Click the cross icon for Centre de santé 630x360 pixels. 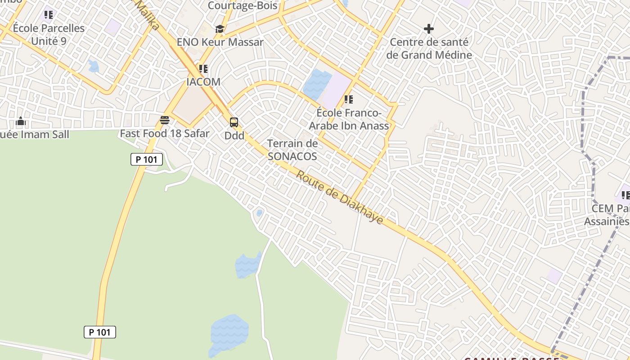click(429, 29)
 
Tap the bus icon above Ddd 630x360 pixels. click(234, 122)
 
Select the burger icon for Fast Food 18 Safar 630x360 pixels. click(165, 120)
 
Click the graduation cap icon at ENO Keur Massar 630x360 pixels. click(220, 29)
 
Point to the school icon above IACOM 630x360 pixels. click(203, 69)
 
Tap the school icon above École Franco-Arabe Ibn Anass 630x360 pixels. click(348, 99)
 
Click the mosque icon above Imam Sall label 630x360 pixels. click(21, 121)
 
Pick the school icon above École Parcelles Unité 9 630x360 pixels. click(49, 15)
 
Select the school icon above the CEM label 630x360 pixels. click(625, 195)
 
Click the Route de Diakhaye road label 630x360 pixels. click(339, 198)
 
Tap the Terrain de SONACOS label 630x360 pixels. click(292, 150)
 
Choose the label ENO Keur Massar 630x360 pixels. click(220, 42)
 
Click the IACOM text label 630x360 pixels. click(203, 82)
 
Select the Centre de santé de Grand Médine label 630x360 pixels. click(429, 49)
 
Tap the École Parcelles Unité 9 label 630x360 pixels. click(49, 34)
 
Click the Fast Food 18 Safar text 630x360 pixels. click(165, 134)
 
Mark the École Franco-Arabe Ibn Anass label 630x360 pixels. click(349, 119)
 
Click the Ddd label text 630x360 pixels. click(234, 135)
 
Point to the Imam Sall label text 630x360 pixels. click(35, 135)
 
